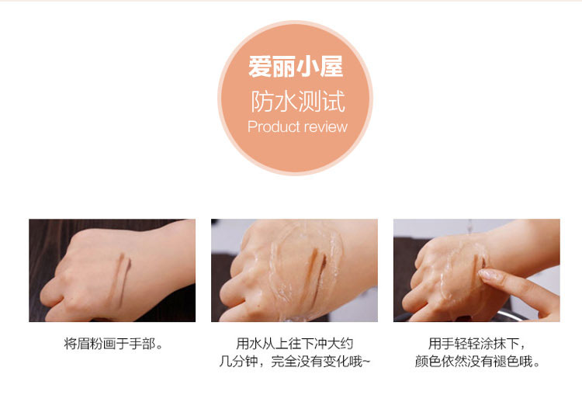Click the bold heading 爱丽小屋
(296, 67)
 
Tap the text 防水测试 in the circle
(298, 101)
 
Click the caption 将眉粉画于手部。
(113, 344)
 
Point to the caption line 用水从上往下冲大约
(295, 344)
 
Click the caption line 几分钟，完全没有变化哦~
(295, 361)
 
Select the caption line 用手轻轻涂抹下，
(477, 344)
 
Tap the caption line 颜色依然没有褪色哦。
(477, 361)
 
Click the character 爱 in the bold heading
(260, 67)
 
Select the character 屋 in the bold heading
(332, 67)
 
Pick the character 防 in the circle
(262, 101)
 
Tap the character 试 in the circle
(334, 101)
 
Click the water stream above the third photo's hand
(470, 227)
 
